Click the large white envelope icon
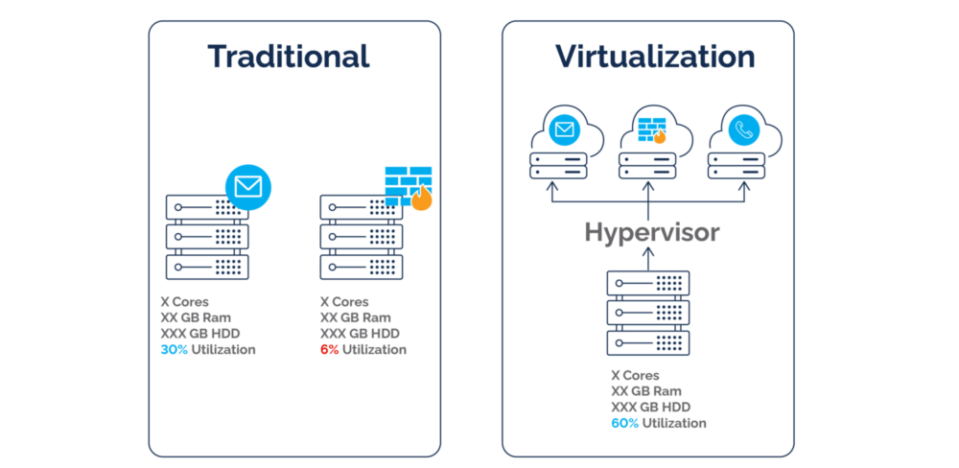[x=248, y=186]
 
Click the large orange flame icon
[x=421, y=199]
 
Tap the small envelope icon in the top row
[x=565, y=129]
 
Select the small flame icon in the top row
[x=660, y=136]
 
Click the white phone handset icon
[x=744, y=130]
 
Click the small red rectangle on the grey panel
[x=331, y=348]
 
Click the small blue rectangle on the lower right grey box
[x=626, y=423]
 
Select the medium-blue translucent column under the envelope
[x=285, y=253]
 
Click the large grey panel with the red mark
[x=316, y=388]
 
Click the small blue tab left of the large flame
[x=393, y=201]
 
